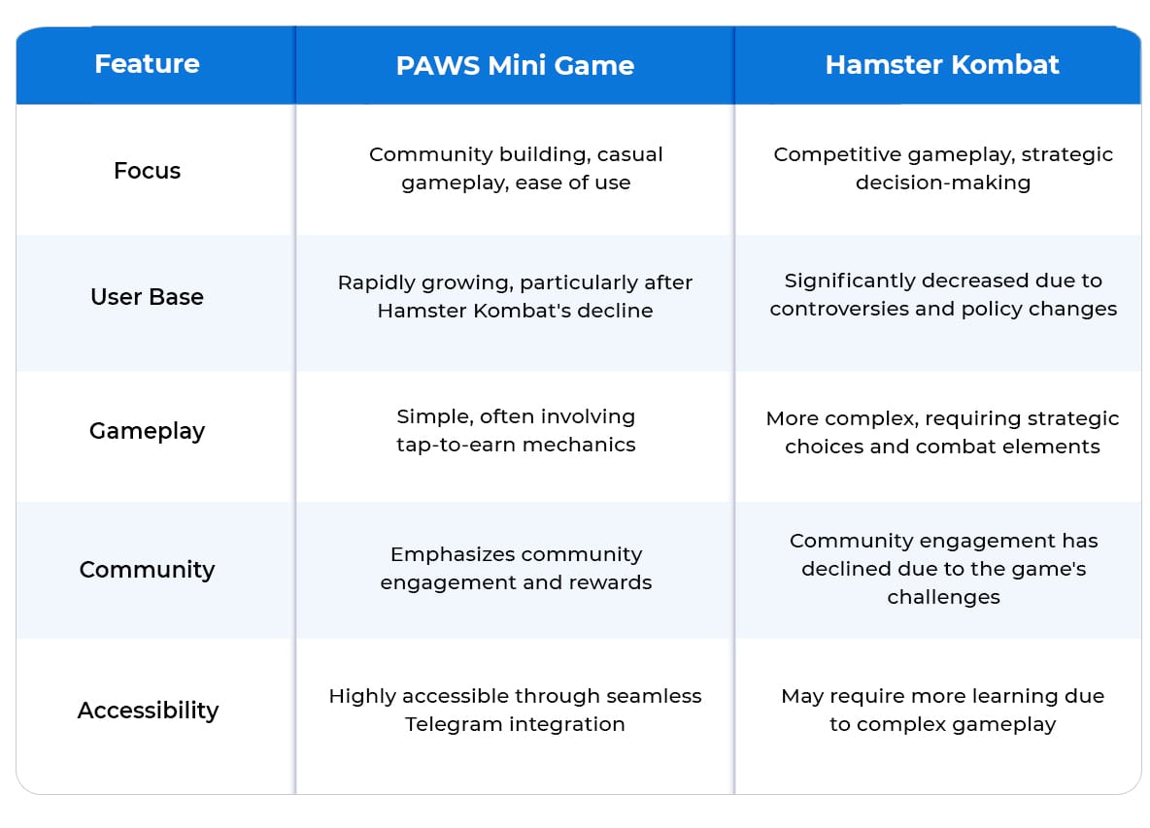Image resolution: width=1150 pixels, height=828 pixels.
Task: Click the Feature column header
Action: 147,64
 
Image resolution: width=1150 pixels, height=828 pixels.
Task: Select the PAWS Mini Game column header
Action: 515,65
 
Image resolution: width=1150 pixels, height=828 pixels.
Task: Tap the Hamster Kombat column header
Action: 942,64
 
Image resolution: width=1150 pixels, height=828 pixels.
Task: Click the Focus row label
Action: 147,170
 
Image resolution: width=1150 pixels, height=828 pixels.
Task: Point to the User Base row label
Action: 147,296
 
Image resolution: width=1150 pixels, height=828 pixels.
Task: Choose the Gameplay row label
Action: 147,431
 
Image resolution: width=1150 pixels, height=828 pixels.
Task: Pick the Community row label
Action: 147,570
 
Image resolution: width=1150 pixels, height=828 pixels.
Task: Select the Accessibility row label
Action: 149,710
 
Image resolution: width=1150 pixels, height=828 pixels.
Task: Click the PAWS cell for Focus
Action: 516,168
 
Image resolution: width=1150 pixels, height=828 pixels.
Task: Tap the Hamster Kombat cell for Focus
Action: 943,168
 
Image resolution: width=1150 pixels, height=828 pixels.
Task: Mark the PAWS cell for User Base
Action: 515,296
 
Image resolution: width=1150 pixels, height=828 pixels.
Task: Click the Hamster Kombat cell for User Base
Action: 943,294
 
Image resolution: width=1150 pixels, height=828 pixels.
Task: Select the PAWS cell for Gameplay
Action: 516,430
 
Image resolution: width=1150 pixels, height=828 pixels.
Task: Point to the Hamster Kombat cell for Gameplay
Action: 942,432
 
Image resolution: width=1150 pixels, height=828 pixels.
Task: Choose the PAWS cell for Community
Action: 516,568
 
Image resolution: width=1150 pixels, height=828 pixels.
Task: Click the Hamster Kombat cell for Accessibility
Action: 942,710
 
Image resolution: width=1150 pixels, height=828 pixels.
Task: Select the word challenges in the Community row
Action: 943,597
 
